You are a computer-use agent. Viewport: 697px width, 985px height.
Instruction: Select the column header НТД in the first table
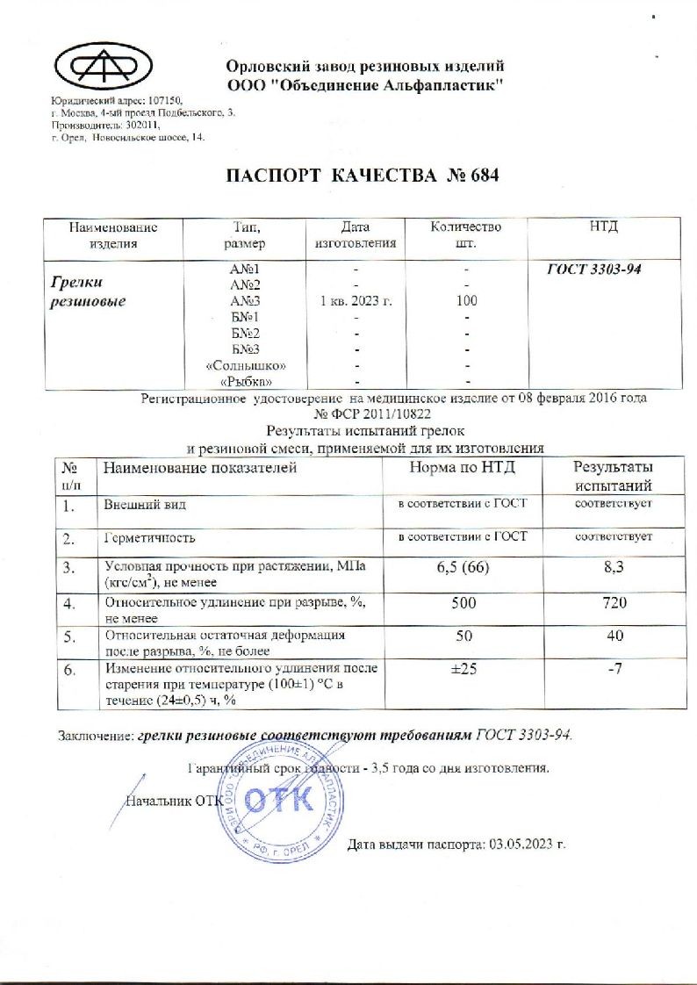[x=603, y=227]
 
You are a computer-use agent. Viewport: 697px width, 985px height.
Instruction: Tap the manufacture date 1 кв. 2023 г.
[x=354, y=300]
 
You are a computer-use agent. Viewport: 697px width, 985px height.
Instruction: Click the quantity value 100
[x=465, y=300]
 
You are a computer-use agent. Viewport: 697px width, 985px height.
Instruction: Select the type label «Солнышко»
[x=245, y=364]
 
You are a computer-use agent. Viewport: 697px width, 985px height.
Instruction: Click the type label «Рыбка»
[x=245, y=381]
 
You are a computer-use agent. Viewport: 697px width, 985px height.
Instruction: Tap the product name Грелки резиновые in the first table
[x=85, y=292]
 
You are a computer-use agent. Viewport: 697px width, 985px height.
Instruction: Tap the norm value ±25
[x=463, y=670]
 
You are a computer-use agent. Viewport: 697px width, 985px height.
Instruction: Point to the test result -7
[x=613, y=670]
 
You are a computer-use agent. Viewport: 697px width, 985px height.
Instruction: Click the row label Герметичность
[x=150, y=536]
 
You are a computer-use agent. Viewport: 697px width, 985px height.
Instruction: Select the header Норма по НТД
[x=463, y=468]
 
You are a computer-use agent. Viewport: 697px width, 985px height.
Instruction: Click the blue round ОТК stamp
[x=277, y=800]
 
